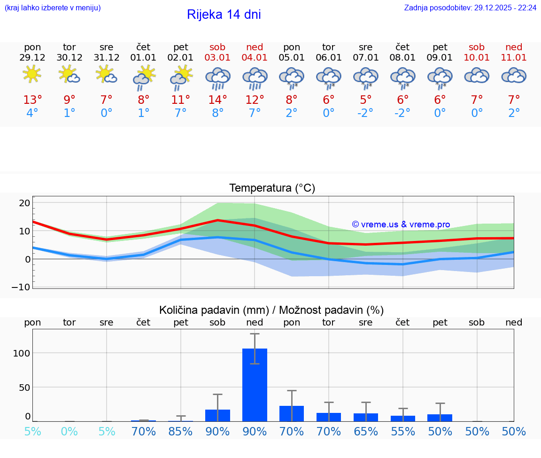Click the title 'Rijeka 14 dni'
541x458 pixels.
click(x=224, y=15)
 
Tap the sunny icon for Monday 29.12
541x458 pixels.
click(x=32, y=74)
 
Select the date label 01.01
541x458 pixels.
click(x=143, y=58)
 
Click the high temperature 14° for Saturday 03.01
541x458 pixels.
click(x=217, y=100)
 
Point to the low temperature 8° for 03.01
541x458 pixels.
click(x=217, y=113)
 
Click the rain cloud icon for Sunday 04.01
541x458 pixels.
click(x=255, y=78)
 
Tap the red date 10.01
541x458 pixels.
click(x=477, y=58)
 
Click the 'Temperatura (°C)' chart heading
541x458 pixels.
click(x=272, y=188)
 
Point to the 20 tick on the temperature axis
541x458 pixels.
click(x=24, y=203)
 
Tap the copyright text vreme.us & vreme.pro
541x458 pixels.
click(x=401, y=225)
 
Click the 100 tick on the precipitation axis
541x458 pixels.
click(x=22, y=353)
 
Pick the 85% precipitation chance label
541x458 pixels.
click(x=180, y=431)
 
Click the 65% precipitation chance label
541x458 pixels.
click(x=365, y=431)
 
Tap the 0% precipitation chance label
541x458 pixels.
click(x=69, y=431)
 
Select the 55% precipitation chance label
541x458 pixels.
click(x=402, y=431)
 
